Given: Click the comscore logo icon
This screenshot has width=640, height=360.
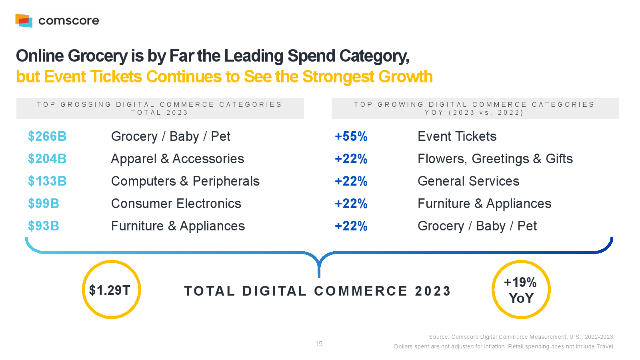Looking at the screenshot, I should tap(24, 20).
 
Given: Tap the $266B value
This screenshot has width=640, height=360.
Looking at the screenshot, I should tap(47, 136).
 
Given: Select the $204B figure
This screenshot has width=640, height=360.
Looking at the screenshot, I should tap(47, 159).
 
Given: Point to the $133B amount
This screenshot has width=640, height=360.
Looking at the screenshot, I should tap(47, 181).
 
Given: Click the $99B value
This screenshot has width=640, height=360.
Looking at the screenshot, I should tap(44, 204).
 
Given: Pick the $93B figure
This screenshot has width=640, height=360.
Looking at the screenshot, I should tap(44, 226).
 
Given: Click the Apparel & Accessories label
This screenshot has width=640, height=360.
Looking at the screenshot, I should tap(178, 159).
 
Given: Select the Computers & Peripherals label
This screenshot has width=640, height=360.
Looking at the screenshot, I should tap(185, 181).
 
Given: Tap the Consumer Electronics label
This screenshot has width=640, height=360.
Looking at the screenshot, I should tap(176, 204).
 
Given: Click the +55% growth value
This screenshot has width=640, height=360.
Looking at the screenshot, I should tap(351, 136).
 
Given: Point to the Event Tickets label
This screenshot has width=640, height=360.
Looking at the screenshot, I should tap(457, 136).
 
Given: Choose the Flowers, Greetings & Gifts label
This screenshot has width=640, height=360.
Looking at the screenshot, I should tap(495, 159).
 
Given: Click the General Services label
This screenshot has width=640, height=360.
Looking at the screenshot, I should tap(468, 181).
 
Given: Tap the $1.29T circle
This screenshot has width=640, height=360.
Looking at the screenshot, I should tap(111, 290).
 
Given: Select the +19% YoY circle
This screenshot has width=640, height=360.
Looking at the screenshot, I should tap(521, 290).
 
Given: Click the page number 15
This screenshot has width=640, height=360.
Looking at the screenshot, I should tap(319, 344).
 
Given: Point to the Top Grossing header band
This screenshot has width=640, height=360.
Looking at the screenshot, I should tap(160, 108).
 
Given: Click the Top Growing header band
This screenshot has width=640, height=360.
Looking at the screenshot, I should tap(475, 108).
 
